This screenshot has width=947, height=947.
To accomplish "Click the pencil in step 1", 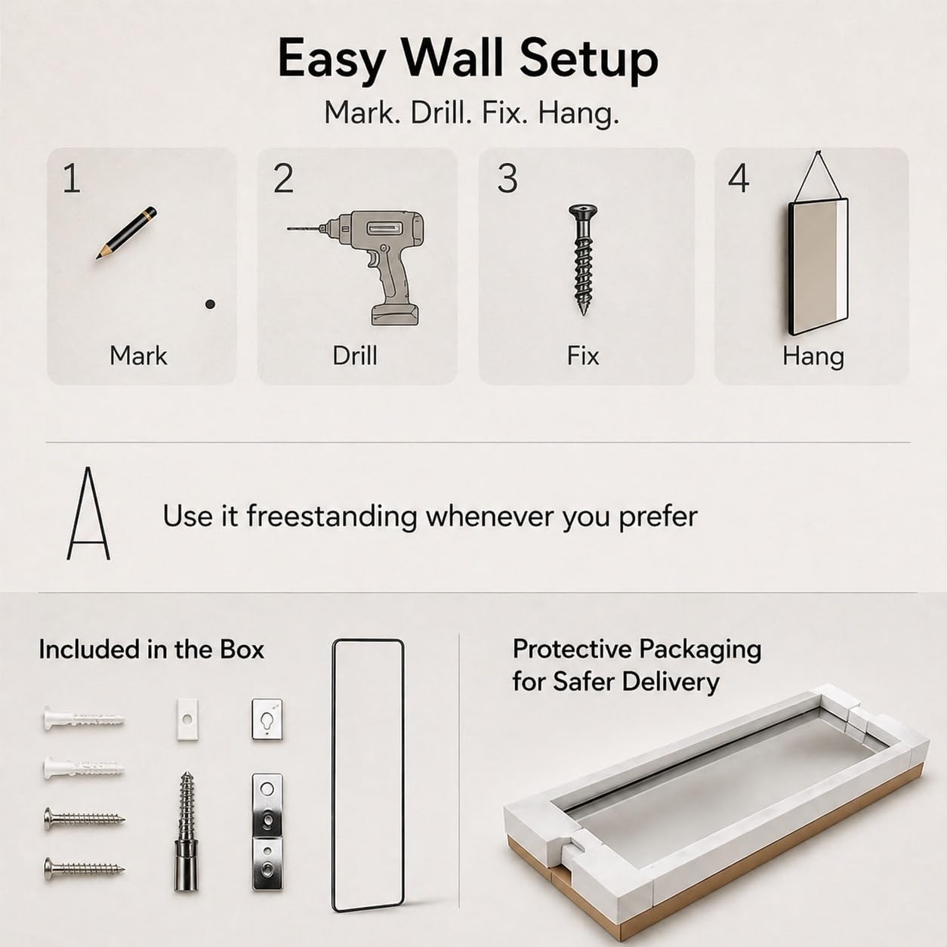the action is (126, 233).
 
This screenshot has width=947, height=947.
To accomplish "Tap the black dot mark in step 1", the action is (211, 304).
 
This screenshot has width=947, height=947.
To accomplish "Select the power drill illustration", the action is (355, 268).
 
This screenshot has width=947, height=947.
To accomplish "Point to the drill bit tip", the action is (288, 229).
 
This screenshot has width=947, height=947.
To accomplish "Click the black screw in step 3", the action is (583, 260).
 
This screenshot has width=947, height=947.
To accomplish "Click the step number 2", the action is (283, 178).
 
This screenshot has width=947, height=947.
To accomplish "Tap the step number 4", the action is (739, 178).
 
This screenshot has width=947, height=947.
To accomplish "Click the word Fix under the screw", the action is (583, 355).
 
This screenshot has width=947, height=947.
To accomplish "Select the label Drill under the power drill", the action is (355, 355).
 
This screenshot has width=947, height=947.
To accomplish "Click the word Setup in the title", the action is (588, 60).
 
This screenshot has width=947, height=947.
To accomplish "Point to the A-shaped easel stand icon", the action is (88, 513).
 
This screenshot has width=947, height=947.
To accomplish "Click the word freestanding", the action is (332, 517).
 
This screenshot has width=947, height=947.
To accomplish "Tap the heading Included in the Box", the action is (151, 649).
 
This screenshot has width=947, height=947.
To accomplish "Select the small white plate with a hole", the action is (187, 720).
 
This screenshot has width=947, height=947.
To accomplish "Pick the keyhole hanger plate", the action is (267, 720).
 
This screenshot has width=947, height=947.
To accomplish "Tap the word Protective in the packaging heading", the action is (572, 649).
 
